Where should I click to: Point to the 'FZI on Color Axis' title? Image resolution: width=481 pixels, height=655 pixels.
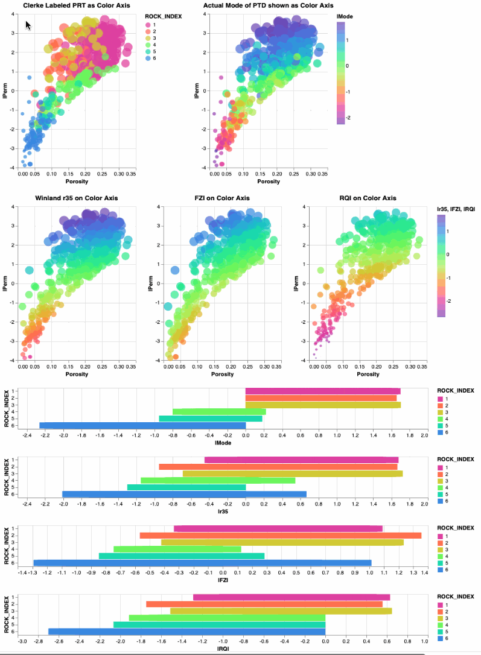coord(221,198)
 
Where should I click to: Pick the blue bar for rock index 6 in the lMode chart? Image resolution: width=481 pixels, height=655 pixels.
coord(142,425)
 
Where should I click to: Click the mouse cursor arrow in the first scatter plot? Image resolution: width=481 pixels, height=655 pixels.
coord(28,25)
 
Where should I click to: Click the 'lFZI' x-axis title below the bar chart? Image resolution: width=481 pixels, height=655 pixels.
coord(223,580)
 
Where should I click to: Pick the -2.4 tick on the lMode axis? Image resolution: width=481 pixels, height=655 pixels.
coord(27,434)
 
